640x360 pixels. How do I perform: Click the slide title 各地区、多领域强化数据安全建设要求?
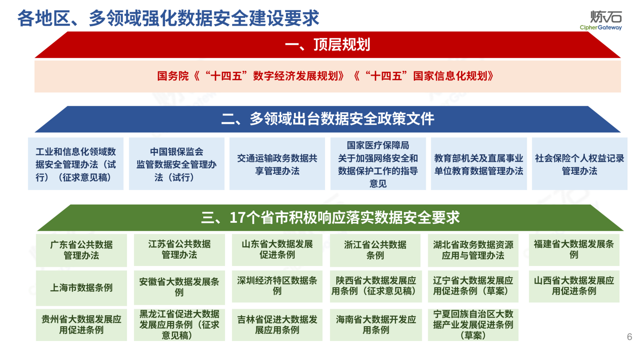(x=168, y=19)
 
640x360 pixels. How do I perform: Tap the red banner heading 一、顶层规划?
(x=327, y=45)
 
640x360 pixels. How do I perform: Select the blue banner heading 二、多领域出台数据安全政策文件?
(x=327, y=119)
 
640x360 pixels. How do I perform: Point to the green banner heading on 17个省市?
(x=330, y=218)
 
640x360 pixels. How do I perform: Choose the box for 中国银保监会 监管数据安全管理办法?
(x=177, y=164)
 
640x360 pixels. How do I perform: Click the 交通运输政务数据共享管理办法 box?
(x=277, y=164)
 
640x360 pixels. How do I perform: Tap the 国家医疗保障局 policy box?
(x=378, y=164)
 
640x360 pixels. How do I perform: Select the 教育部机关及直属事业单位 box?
(x=479, y=164)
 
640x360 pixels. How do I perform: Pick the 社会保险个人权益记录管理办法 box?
(x=580, y=164)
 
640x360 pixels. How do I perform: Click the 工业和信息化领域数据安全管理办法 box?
(x=76, y=164)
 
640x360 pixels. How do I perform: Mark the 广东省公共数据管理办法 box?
(x=81, y=250)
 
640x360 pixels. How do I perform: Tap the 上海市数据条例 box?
(x=81, y=288)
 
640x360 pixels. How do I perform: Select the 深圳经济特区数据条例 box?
(x=277, y=286)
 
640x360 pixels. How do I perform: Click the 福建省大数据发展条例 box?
(x=574, y=249)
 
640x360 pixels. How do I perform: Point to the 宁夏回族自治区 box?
(x=473, y=324)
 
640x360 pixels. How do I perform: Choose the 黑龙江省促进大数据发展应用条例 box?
(x=179, y=324)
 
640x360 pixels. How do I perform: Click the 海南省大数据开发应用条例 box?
(x=376, y=324)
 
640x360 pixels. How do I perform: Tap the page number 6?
(x=629, y=337)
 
